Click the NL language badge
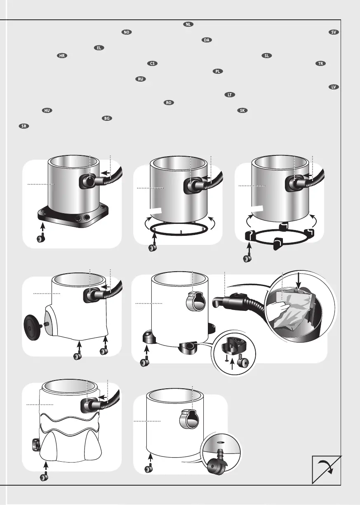click(188, 24)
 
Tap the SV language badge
click(334, 32)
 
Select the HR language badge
click(62, 56)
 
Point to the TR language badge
click(320, 63)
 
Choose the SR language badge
click(24, 126)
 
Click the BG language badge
click(107, 118)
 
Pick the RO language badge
click(169, 103)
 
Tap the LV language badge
click(334, 87)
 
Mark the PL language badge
click(218, 71)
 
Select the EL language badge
click(99, 48)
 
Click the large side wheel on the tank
click(32, 325)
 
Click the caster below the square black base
click(41, 238)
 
